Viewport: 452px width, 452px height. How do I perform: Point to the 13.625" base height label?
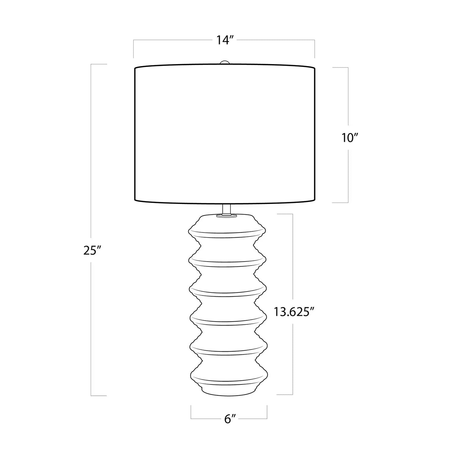294,312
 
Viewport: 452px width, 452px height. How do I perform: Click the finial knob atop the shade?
225,62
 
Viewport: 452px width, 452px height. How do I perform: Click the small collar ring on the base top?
226,215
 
